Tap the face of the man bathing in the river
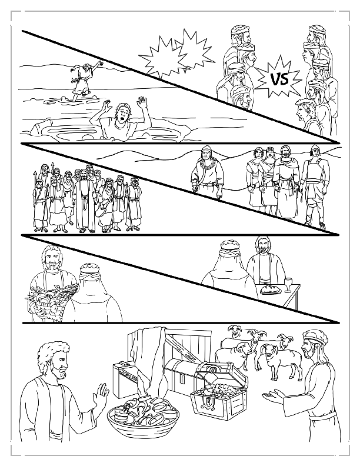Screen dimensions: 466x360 [121, 112]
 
